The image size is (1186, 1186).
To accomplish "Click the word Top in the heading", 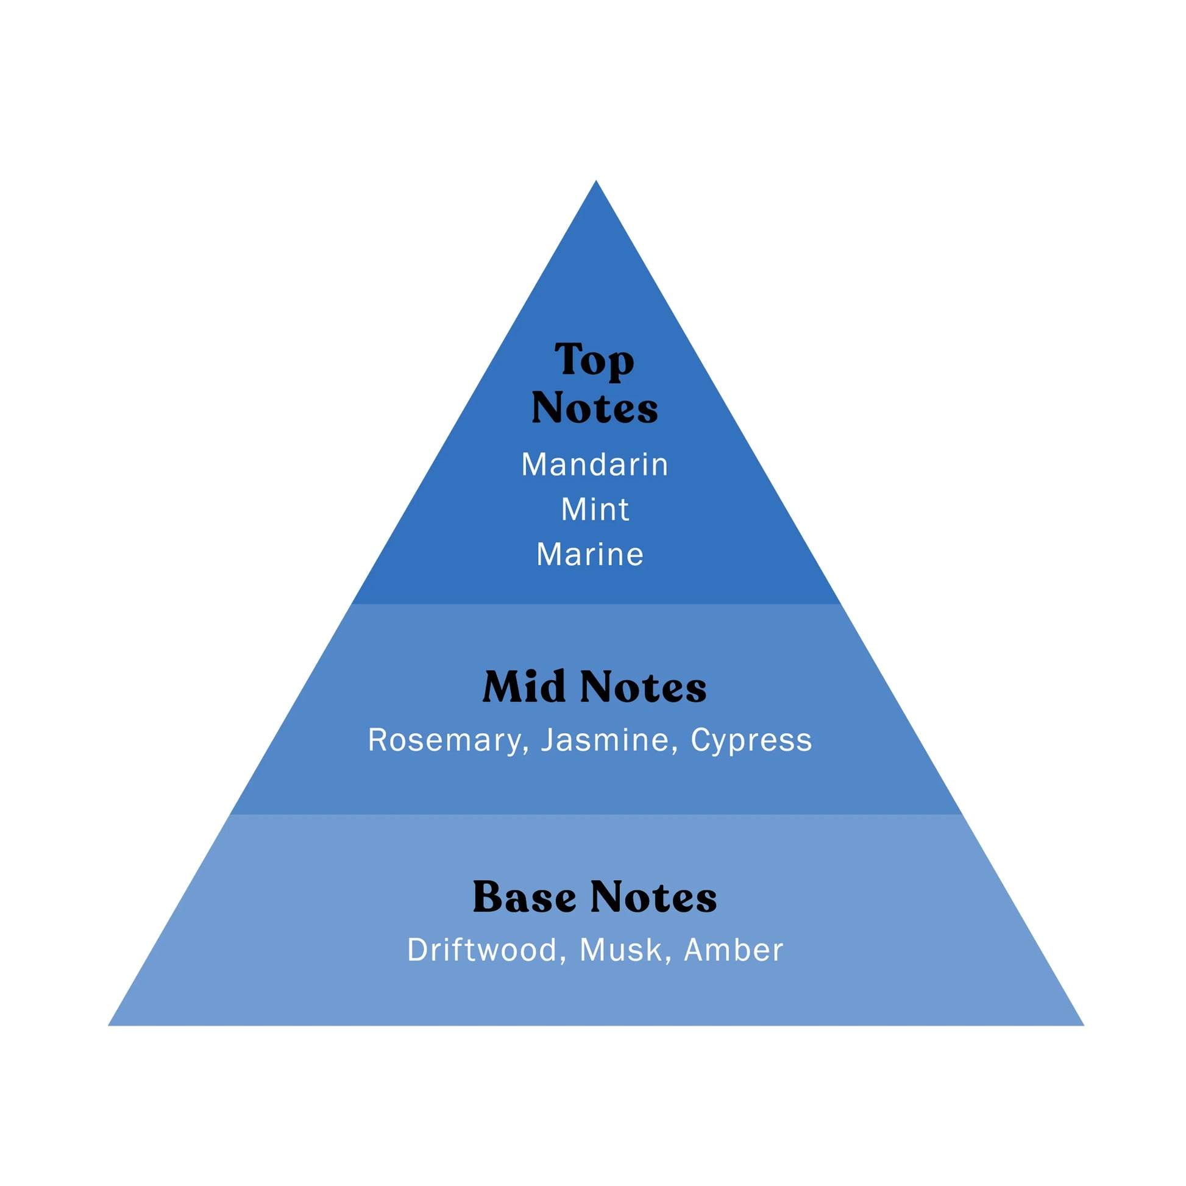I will pos(594,360).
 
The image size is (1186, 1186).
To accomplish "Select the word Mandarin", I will pos(594,464).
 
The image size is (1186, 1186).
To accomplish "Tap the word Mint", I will pos(595,510).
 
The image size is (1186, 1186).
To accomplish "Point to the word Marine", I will pos(590,555).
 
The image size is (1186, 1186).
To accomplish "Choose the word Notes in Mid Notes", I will pos(643,687).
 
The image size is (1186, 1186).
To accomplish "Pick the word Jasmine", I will pos(605,740).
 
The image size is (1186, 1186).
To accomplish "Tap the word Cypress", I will pos(751,741).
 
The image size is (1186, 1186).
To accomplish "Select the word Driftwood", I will pos(482,950).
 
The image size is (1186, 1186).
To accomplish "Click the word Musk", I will pos(620,950).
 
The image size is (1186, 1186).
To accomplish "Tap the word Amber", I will pos(734,950).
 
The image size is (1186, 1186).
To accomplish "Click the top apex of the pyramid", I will pos(595,182).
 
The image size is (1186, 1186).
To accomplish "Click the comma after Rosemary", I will pos(525,750).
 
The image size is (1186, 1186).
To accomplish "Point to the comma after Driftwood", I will pos(563,960).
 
